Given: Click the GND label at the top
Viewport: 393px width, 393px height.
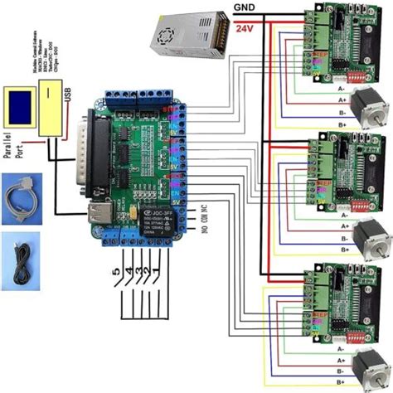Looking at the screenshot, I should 244,9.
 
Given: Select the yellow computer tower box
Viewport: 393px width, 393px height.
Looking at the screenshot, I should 51,115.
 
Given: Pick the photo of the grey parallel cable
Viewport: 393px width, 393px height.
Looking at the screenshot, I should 22,196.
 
